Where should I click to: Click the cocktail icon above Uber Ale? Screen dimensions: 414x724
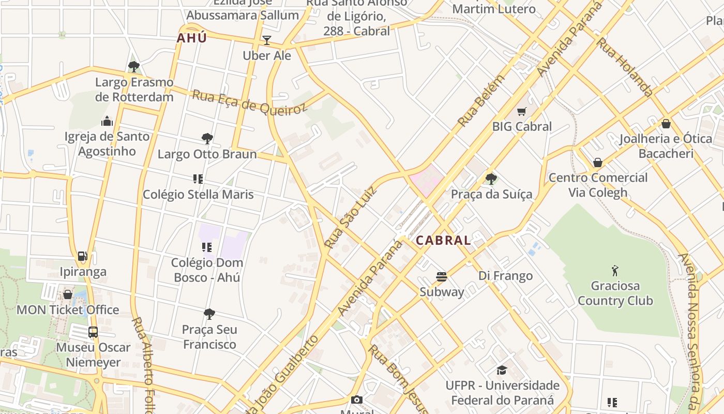[x=267, y=40]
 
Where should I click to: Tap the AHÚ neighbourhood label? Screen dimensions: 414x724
[x=192, y=38]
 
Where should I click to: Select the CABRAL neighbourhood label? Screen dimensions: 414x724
[x=443, y=240]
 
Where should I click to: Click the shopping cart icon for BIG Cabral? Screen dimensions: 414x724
[x=521, y=111]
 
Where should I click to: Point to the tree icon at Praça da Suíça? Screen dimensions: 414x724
[x=491, y=179]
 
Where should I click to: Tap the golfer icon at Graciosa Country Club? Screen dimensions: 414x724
[x=615, y=271]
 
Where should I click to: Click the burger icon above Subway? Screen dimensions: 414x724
[x=441, y=277]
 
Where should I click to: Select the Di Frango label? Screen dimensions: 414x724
[x=505, y=276]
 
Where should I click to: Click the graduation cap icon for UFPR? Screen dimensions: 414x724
[x=502, y=370]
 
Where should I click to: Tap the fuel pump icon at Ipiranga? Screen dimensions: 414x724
[x=82, y=256]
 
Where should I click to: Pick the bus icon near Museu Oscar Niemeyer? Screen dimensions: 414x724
[x=93, y=332]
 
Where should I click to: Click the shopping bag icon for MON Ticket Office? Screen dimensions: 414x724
[x=68, y=294]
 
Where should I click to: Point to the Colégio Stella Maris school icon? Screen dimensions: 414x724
[x=198, y=179]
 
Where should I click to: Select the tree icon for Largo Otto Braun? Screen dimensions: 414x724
[x=207, y=139]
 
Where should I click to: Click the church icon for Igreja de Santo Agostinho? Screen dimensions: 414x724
[x=107, y=122]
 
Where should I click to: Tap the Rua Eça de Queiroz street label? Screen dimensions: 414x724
[x=249, y=101]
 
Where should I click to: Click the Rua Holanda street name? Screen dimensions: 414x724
[x=625, y=67]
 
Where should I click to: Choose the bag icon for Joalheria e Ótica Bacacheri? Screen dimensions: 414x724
[x=666, y=124]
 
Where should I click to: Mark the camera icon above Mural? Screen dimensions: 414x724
[x=357, y=400]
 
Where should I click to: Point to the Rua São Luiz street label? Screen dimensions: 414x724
[x=350, y=216]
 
